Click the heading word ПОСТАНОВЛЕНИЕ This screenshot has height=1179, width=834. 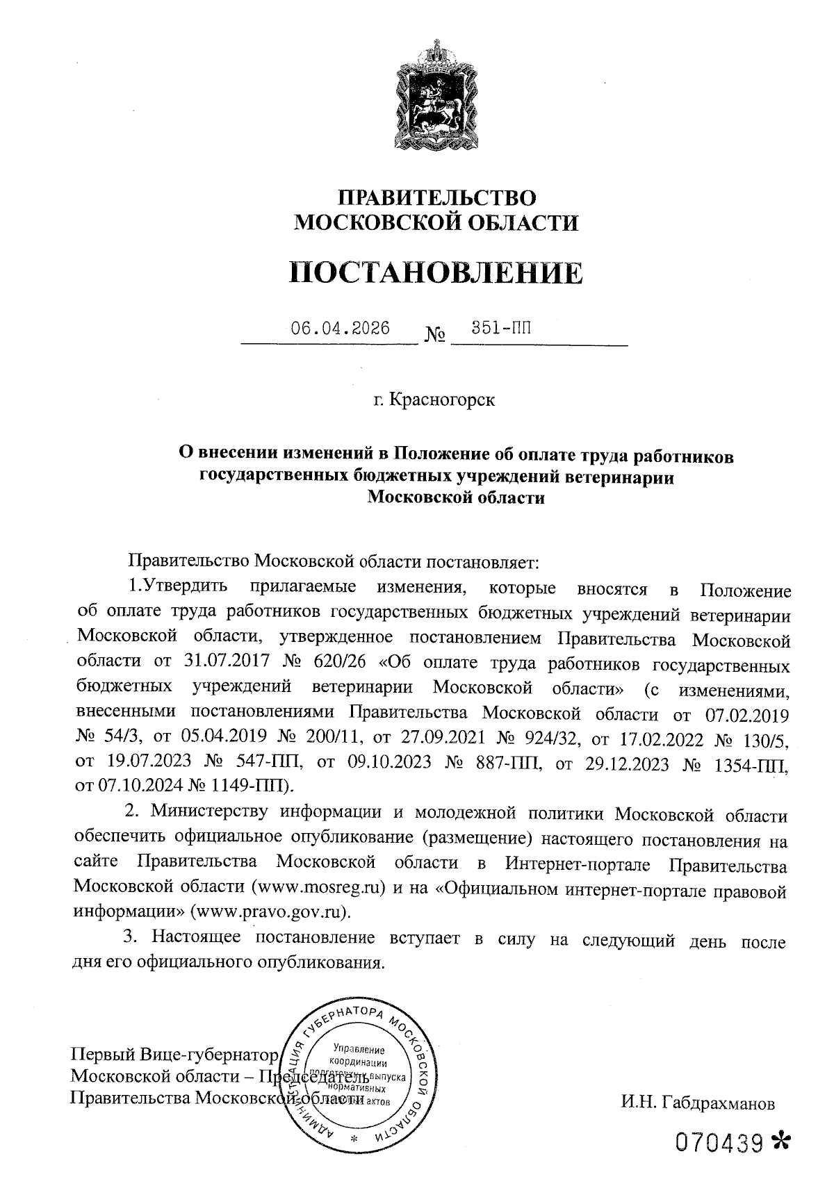tap(436, 273)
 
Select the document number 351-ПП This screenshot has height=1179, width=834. tap(501, 328)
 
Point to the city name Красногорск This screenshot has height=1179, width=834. tap(443, 401)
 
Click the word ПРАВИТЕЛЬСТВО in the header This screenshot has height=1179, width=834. tap(436, 197)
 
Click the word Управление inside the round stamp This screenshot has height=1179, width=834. tap(359, 1049)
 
